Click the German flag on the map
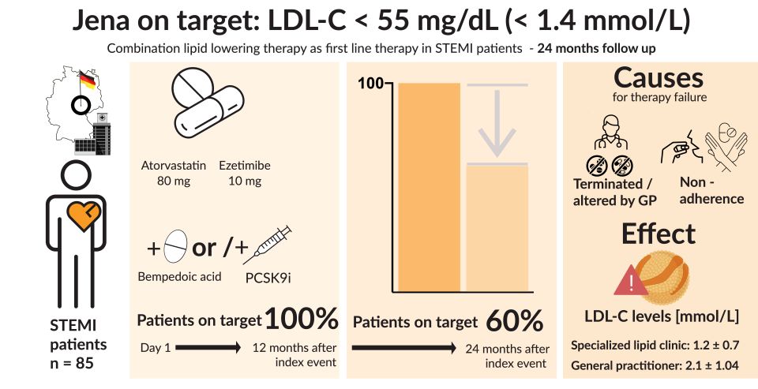(88, 80)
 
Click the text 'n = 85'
(77, 363)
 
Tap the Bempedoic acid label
(181, 277)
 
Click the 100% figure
(302, 319)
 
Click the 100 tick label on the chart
(370, 84)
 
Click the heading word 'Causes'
(658, 78)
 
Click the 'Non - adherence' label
(711, 190)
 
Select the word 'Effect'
(658, 234)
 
